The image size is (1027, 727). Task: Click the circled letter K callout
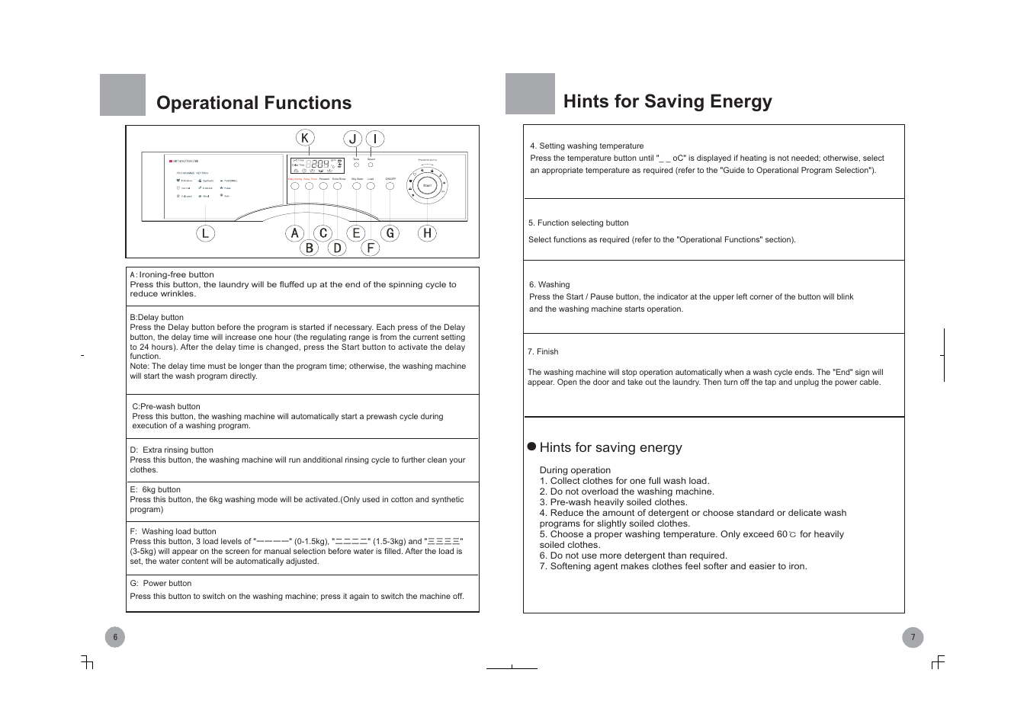tap(305, 138)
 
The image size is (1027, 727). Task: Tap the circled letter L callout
tap(205, 233)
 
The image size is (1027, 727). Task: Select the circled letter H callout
tap(427, 233)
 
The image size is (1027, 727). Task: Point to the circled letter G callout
tap(390, 233)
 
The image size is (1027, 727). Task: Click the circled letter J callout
tap(352, 139)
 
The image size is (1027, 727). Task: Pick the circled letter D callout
tap(337, 248)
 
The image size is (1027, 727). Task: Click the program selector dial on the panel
tap(427, 185)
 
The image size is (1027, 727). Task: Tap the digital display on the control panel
tap(316, 165)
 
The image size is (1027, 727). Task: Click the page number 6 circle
tap(115, 637)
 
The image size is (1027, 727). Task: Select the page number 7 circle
tap(913, 637)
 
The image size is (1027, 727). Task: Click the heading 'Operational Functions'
tap(254, 103)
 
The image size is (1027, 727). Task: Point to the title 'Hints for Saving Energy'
tap(667, 101)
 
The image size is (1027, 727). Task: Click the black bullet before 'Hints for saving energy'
tap(532, 447)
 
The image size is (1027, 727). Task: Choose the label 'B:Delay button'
tap(156, 317)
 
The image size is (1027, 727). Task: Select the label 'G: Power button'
tap(160, 583)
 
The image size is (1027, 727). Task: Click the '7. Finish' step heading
tap(543, 351)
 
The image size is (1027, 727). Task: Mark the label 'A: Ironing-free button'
tap(172, 274)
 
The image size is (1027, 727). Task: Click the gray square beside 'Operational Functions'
tap(123, 95)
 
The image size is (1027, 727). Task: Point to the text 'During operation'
tap(575, 470)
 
